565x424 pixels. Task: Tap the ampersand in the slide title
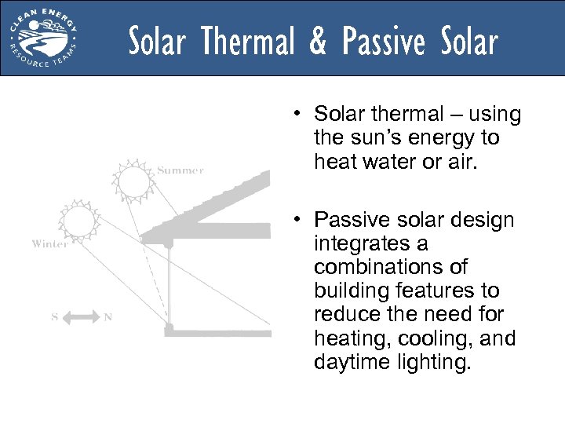[x=318, y=41]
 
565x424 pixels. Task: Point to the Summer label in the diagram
[x=180, y=170]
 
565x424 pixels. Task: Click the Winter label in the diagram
[x=49, y=244]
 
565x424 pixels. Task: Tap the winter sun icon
[x=78, y=221]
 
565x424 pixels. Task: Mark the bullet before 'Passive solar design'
[x=300, y=221]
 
